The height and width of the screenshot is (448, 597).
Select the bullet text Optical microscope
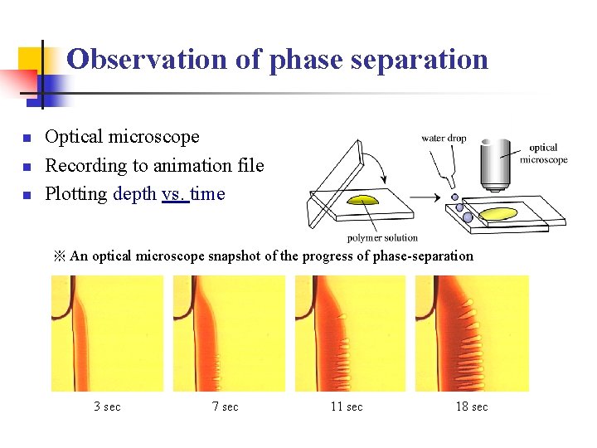pyautogui.click(x=122, y=137)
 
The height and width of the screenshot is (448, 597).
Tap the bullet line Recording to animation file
pyautogui.click(x=154, y=165)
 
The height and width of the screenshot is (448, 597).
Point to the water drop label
pyautogui.click(x=444, y=139)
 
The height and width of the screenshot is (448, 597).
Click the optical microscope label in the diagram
pyautogui.click(x=543, y=153)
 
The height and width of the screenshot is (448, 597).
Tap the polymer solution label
pyautogui.click(x=381, y=238)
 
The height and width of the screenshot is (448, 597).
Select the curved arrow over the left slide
pyautogui.click(x=374, y=165)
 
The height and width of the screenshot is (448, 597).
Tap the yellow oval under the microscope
pyautogui.click(x=498, y=214)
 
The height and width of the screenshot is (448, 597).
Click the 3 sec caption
pyautogui.click(x=107, y=407)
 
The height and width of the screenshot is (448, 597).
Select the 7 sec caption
pyautogui.click(x=225, y=407)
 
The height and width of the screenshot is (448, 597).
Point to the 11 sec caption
pyautogui.click(x=347, y=407)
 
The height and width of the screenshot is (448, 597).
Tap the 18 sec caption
pyautogui.click(x=472, y=407)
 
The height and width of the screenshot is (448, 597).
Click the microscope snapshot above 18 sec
pyautogui.click(x=472, y=334)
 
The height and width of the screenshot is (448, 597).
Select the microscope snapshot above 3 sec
pyautogui.click(x=107, y=334)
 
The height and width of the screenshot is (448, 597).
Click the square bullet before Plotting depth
pyautogui.click(x=27, y=196)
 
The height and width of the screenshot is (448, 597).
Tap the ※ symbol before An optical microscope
pyautogui.click(x=59, y=256)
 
